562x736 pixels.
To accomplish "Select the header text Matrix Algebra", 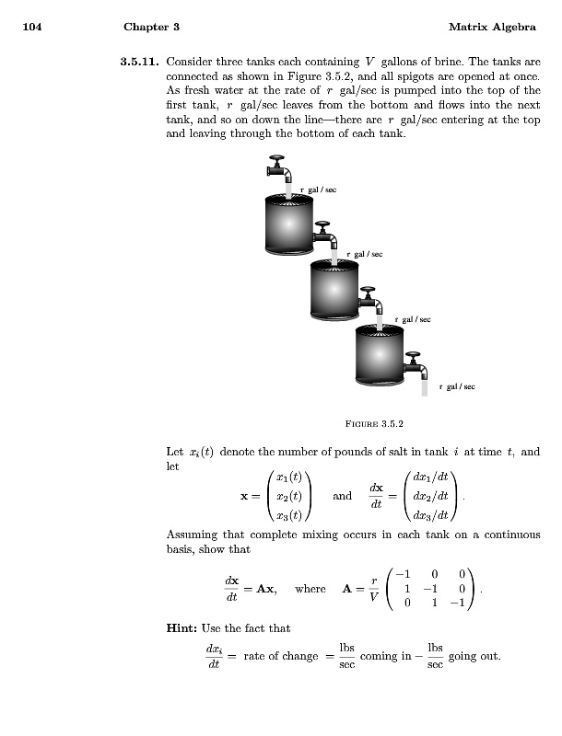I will [493, 28].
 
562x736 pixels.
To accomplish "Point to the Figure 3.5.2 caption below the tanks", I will [373, 424].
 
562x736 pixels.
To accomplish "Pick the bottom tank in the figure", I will [380, 354].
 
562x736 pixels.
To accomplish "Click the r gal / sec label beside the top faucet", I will [318, 190].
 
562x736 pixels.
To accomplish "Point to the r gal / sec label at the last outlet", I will [457, 387].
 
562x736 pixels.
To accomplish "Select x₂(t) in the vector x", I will [289, 495].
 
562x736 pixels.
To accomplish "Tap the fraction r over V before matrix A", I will [373, 589].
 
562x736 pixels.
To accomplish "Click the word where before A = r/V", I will [310, 589].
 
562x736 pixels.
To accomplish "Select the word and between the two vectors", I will [342, 495].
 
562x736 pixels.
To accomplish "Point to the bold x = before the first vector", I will [247, 495].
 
